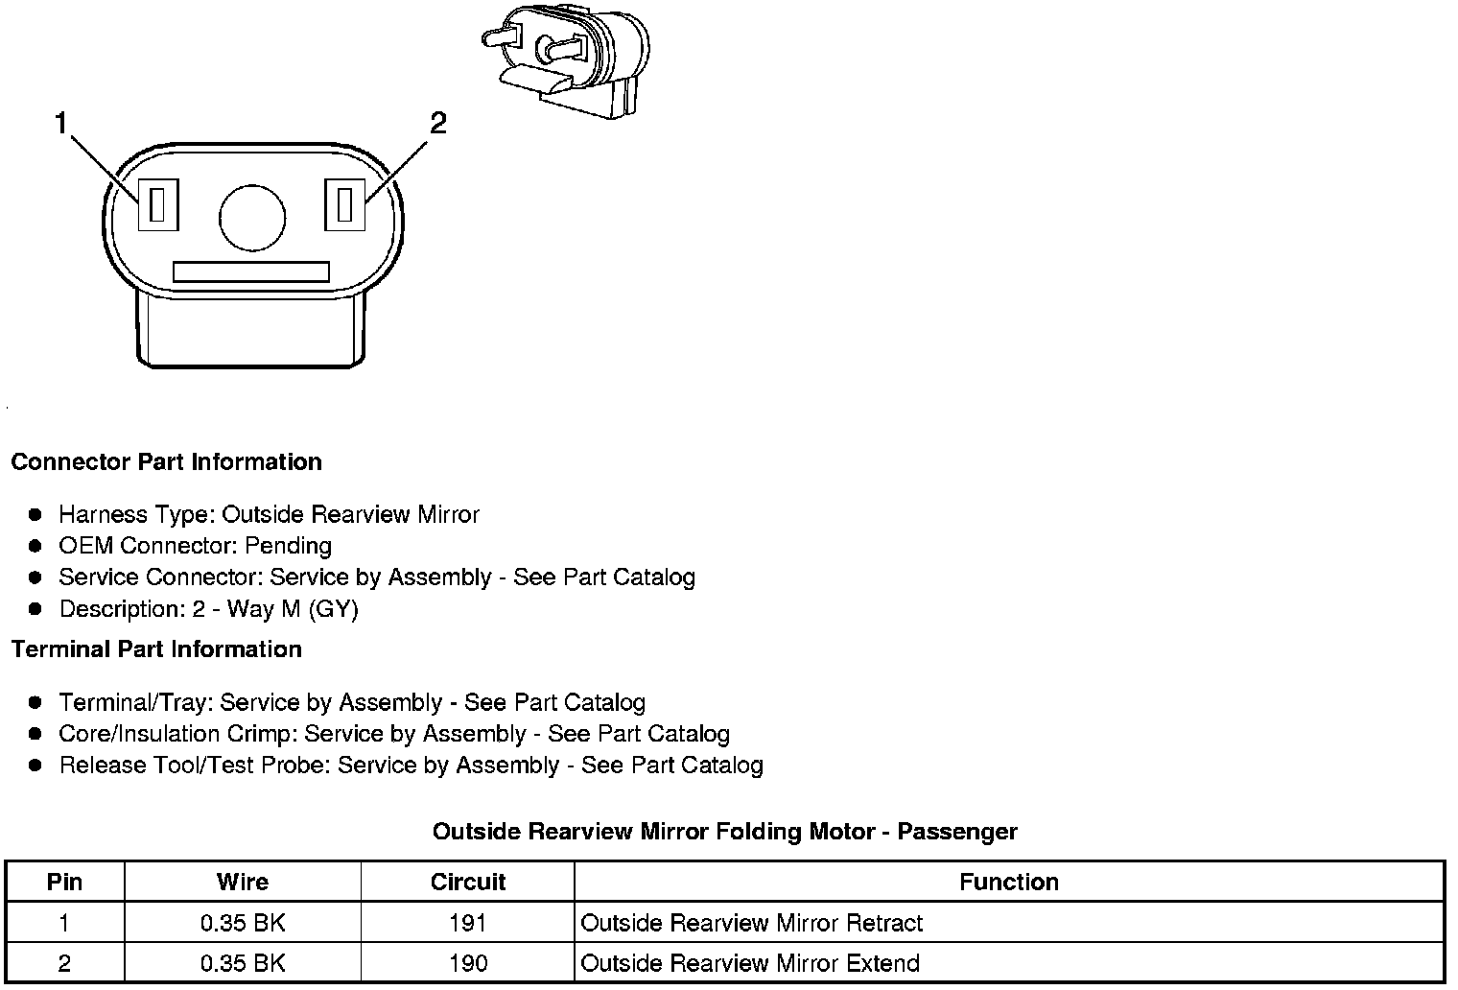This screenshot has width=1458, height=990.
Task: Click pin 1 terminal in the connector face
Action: [x=158, y=204]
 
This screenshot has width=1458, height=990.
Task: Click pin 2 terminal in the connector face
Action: [x=345, y=204]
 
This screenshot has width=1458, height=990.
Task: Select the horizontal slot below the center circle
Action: [x=251, y=271]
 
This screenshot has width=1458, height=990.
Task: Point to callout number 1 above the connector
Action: [x=61, y=124]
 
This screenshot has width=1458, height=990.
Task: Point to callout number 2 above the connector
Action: [x=437, y=123]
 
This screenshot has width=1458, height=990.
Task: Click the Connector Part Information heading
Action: [x=166, y=462]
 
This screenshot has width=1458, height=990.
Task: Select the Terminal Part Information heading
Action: [x=156, y=649]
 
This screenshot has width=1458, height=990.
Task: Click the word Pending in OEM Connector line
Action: [x=288, y=546]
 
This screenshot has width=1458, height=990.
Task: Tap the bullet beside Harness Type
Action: [x=35, y=515]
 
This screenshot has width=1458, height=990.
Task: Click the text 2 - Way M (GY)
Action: [x=275, y=609]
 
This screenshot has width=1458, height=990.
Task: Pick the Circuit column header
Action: [x=467, y=882]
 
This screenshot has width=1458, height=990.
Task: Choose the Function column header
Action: [x=1008, y=882]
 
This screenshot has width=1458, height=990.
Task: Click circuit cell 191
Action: [x=467, y=923]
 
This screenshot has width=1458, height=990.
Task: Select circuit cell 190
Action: [x=467, y=963]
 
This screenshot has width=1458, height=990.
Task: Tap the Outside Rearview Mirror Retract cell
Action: [x=751, y=923]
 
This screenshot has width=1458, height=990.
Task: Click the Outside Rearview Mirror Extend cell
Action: [x=750, y=963]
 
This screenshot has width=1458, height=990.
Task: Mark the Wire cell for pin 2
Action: [x=243, y=963]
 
